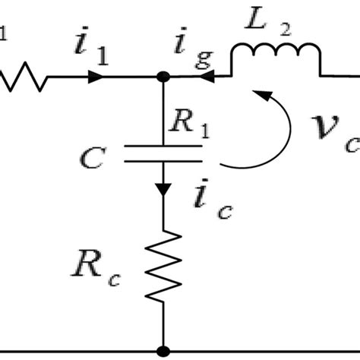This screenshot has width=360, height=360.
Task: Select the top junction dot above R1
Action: tap(162, 77)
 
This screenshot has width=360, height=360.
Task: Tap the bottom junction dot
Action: tap(162, 352)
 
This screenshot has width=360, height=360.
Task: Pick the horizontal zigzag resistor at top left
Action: tap(23, 77)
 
